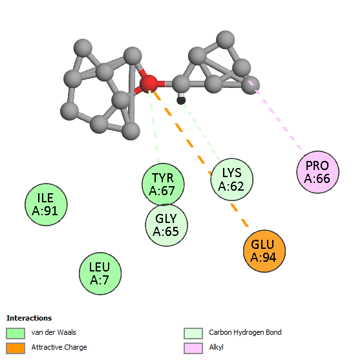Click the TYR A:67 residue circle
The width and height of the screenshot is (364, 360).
point(163,184)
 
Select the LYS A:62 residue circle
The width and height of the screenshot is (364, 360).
point(231,180)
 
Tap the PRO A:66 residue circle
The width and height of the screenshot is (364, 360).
point(317,172)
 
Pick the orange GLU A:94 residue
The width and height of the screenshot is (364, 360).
point(264,251)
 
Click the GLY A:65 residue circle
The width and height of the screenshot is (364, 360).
point(166,225)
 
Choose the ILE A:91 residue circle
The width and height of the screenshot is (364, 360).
point(46,204)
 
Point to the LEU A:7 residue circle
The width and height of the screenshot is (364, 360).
point(100,273)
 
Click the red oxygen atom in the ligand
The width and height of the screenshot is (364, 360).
point(149,84)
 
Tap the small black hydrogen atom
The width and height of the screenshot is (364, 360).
point(181,100)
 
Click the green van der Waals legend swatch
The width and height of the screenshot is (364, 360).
point(16,334)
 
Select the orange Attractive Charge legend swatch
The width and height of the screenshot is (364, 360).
point(16,348)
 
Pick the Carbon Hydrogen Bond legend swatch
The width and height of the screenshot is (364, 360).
point(193,334)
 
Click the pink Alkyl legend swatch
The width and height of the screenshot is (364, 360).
point(193,348)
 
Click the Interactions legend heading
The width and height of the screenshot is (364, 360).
point(29,318)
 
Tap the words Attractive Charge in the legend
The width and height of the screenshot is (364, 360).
point(59,347)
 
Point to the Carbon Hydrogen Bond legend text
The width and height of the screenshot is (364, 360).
point(245,332)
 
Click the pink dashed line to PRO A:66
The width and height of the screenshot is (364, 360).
point(276,117)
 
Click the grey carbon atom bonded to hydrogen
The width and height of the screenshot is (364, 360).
point(181,84)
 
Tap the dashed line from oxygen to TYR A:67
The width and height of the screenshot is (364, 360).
point(154,127)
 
